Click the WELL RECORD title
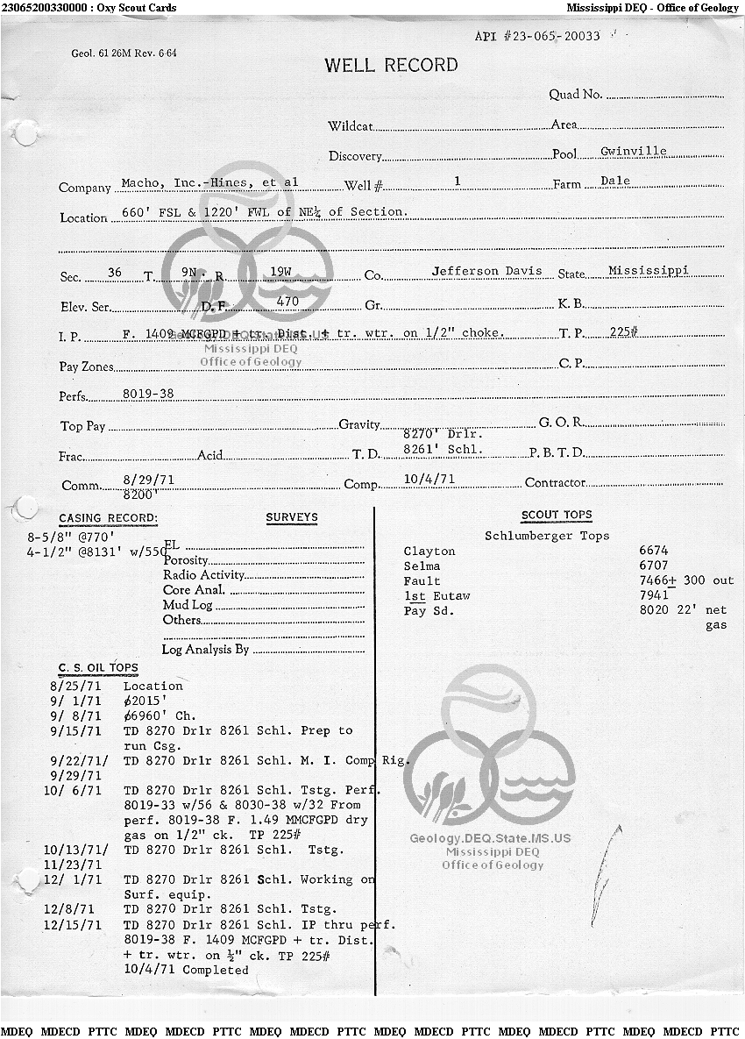tap(391, 65)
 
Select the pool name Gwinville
tap(633, 151)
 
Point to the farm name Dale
tap(615, 181)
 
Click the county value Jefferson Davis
tap(486, 271)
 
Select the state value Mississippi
tap(648, 270)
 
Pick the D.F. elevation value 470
tap(287, 302)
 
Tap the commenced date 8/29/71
tap(145, 479)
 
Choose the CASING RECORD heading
tap(108, 518)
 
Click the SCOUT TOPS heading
tap(557, 515)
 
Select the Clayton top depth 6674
tap(654, 551)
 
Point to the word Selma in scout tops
tap(422, 566)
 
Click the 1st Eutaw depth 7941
tap(654, 595)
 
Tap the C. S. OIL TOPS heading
tap(98, 668)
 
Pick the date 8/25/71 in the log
tap(76, 686)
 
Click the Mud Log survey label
tap(188, 605)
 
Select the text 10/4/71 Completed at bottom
tap(186, 970)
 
